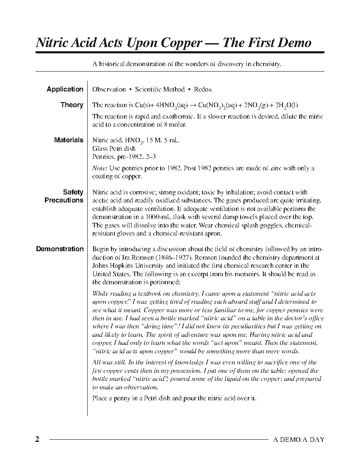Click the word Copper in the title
pos(181,43)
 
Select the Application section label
pos(65,89)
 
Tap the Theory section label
pos(72,105)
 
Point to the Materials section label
pos(69,140)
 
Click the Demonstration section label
pos(60,249)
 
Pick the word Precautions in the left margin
pos(64,200)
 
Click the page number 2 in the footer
pos(37,439)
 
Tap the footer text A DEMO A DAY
pos(299,440)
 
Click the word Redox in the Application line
pos(203,89)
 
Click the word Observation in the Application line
pos(109,89)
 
